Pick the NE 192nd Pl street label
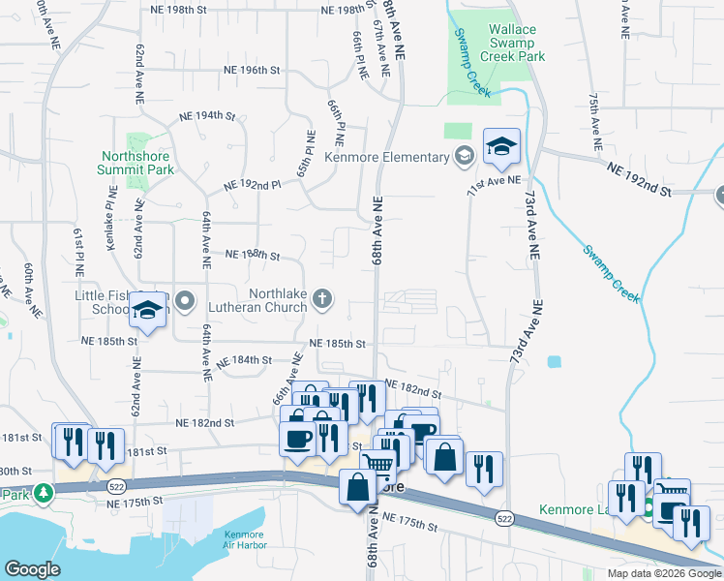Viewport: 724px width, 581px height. tap(252, 184)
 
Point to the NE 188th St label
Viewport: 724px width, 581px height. tap(252, 256)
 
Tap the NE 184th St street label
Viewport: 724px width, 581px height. tap(244, 361)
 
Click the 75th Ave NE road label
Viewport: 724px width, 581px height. tap(592, 124)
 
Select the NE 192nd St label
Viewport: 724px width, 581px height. tap(639, 179)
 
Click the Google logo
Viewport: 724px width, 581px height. tap(32, 569)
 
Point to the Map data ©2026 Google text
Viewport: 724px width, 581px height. tap(663, 573)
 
